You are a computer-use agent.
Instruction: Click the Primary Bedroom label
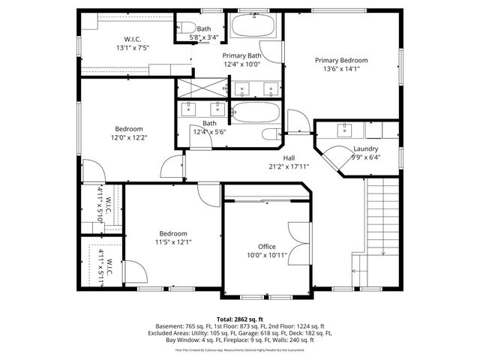(x=341, y=60)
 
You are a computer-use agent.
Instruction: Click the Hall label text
(x=289, y=157)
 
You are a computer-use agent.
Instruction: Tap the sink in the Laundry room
(x=346, y=129)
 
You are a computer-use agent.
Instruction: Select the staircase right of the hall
(x=382, y=217)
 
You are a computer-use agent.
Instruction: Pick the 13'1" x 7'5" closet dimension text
(x=133, y=48)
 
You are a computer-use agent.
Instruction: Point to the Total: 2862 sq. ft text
(x=240, y=319)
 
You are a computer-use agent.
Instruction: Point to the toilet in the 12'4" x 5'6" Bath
(x=270, y=136)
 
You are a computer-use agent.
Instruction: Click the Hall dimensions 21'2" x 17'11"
(x=289, y=166)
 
